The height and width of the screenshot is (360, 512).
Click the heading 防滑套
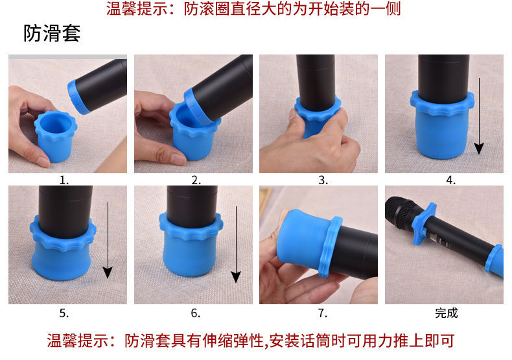coord(52,33)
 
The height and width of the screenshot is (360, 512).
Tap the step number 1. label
coord(64,180)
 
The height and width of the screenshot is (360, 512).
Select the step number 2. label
coord(196,180)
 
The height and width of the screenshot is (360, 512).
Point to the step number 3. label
coord(323,180)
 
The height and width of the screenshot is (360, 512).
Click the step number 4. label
coord(450,180)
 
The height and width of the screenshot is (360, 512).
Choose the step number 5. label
coord(64,313)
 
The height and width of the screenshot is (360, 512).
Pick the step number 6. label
coord(195,313)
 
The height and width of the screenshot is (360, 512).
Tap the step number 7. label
coord(323,313)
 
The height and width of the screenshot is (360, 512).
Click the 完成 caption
coord(446,313)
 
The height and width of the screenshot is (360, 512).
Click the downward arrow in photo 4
coord(479,116)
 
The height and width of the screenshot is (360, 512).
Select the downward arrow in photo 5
coord(108,240)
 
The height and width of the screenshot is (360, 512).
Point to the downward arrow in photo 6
coord(236,245)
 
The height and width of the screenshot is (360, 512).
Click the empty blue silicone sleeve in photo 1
coord(56,136)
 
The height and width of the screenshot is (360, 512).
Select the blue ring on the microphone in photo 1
coord(76,97)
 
